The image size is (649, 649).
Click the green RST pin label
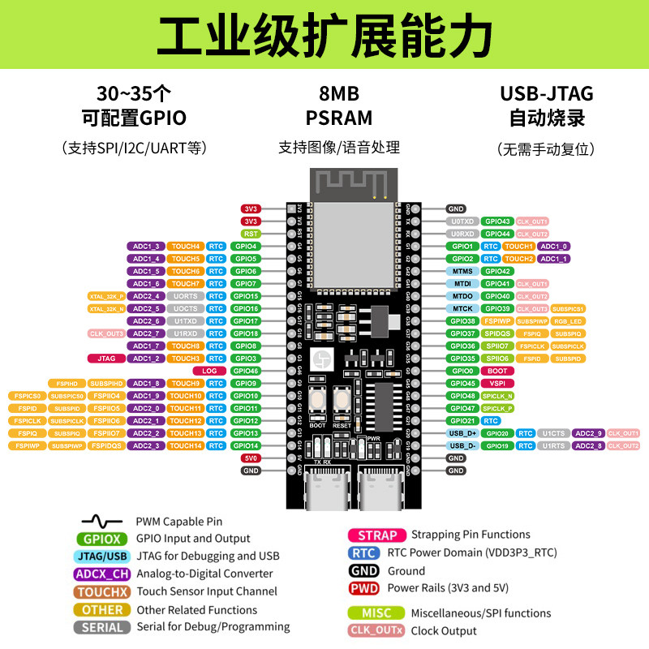(x=251, y=233)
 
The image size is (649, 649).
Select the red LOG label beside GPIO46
(x=210, y=371)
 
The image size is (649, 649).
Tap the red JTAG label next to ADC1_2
(x=105, y=358)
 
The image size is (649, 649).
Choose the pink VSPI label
(x=496, y=383)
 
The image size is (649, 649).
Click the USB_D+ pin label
(x=462, y=433)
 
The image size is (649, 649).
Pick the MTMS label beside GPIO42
(x=462, y=271)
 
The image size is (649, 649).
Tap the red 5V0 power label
(x=251, y=458)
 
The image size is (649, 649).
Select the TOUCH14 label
(x=186, y=445)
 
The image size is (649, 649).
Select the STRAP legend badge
(x=377, y=535)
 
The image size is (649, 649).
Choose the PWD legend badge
(x=364, y=588)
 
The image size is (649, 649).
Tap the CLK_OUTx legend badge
(x=377, y=630)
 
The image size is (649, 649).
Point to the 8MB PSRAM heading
(x=339, y=105)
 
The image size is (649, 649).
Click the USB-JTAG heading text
(x=547, y=93)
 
